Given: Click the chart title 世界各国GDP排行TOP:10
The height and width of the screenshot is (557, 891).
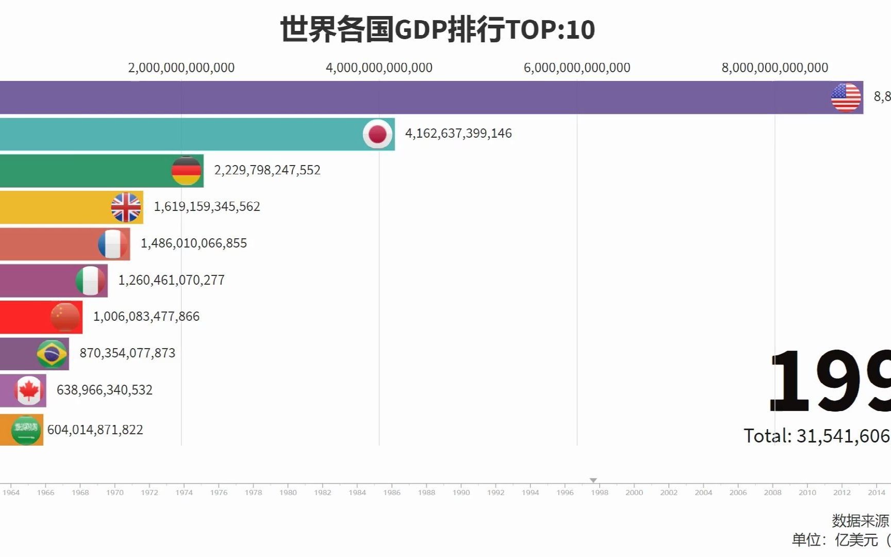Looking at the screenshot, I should [437, 29].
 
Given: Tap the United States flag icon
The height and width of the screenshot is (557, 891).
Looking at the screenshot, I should [846, 97].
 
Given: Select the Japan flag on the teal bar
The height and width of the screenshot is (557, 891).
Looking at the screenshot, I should [377, 134].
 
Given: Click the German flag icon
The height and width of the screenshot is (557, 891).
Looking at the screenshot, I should [186, 171].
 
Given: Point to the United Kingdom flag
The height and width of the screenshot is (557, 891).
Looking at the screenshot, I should [126, 207].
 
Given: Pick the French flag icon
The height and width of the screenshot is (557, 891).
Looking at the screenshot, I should [113, 244].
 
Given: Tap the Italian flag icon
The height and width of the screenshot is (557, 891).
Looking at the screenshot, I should [90, 281].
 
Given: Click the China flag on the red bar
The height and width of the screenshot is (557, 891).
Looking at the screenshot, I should [65, 317].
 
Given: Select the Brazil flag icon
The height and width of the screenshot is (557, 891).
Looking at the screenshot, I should [52, 354].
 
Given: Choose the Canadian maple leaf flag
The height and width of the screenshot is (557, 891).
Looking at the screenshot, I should [29, 390].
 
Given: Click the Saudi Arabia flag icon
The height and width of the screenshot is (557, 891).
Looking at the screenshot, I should [26, 430].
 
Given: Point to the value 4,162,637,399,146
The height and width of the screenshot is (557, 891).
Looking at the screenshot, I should [458, 134].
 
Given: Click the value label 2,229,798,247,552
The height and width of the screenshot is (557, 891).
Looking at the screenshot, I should [267, 170].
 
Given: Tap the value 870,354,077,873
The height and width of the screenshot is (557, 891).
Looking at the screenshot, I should [127, 353].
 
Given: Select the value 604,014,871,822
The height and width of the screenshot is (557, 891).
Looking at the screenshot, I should [95, 430].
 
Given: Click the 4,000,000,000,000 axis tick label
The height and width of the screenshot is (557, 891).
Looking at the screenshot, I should [379, 68].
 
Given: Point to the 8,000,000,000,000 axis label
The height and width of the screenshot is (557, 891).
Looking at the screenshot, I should [774, 68].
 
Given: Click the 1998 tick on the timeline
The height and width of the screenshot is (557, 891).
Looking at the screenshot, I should [599, 492].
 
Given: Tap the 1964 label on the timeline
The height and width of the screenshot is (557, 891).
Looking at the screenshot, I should [11, 492].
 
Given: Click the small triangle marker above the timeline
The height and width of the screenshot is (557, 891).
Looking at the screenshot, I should [593, 480].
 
